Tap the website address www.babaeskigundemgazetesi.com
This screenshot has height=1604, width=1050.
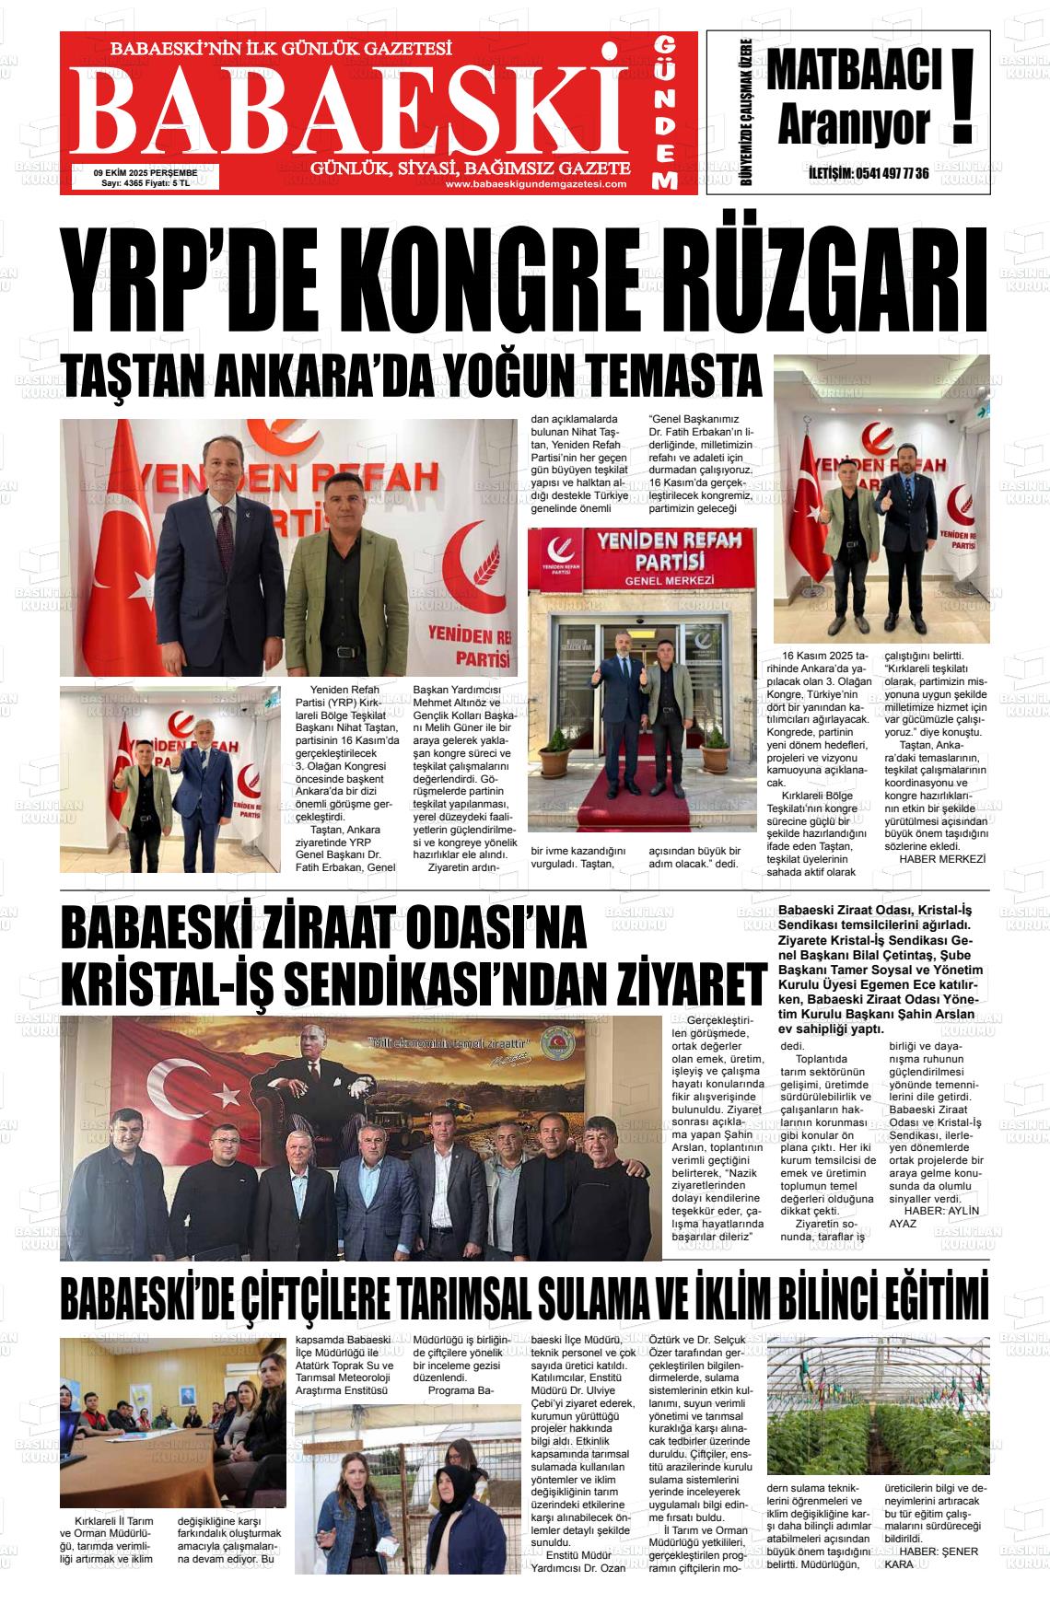(x=535, y=184)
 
